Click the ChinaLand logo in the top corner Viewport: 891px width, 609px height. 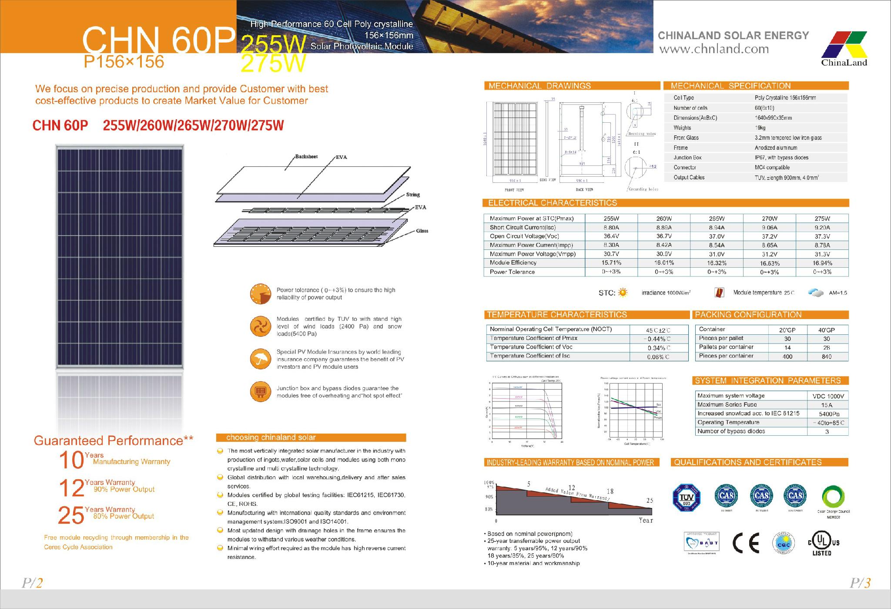pyautogui.click(x=844, y=48)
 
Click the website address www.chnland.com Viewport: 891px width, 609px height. pyautogui.click(x=714, y=49)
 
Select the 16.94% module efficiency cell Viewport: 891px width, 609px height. pyautogui.click(x=822, y=263)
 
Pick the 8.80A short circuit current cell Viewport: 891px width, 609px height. pyautogui.click(x=611, y=227)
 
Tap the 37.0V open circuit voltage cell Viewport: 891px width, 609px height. pyautogui.click(x=717, y=236)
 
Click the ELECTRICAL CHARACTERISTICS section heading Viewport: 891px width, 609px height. pyautogui.click(x=553, y=203)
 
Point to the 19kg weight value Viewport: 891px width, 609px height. pyautogui.click(x=760, y=128)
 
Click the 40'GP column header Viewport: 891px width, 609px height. pyautogui.click(x=826, y=330)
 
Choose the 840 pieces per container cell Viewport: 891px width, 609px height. pyautogui.click(x=827, y=357)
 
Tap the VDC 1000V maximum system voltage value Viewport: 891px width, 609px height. pyautogui.click(x=828, y=396)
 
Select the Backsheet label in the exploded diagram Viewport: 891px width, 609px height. pyautogui.click(x=306, y=157)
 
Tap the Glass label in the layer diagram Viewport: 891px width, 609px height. pyautogui.click(x=422, y=231)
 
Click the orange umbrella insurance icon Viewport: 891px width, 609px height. pyautogui.click(x=261, y=359)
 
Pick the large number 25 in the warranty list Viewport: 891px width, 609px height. pyautogui.click(x=71, y=516)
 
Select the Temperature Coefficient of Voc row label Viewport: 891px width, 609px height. pyautogui.click(x=531, y=347)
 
